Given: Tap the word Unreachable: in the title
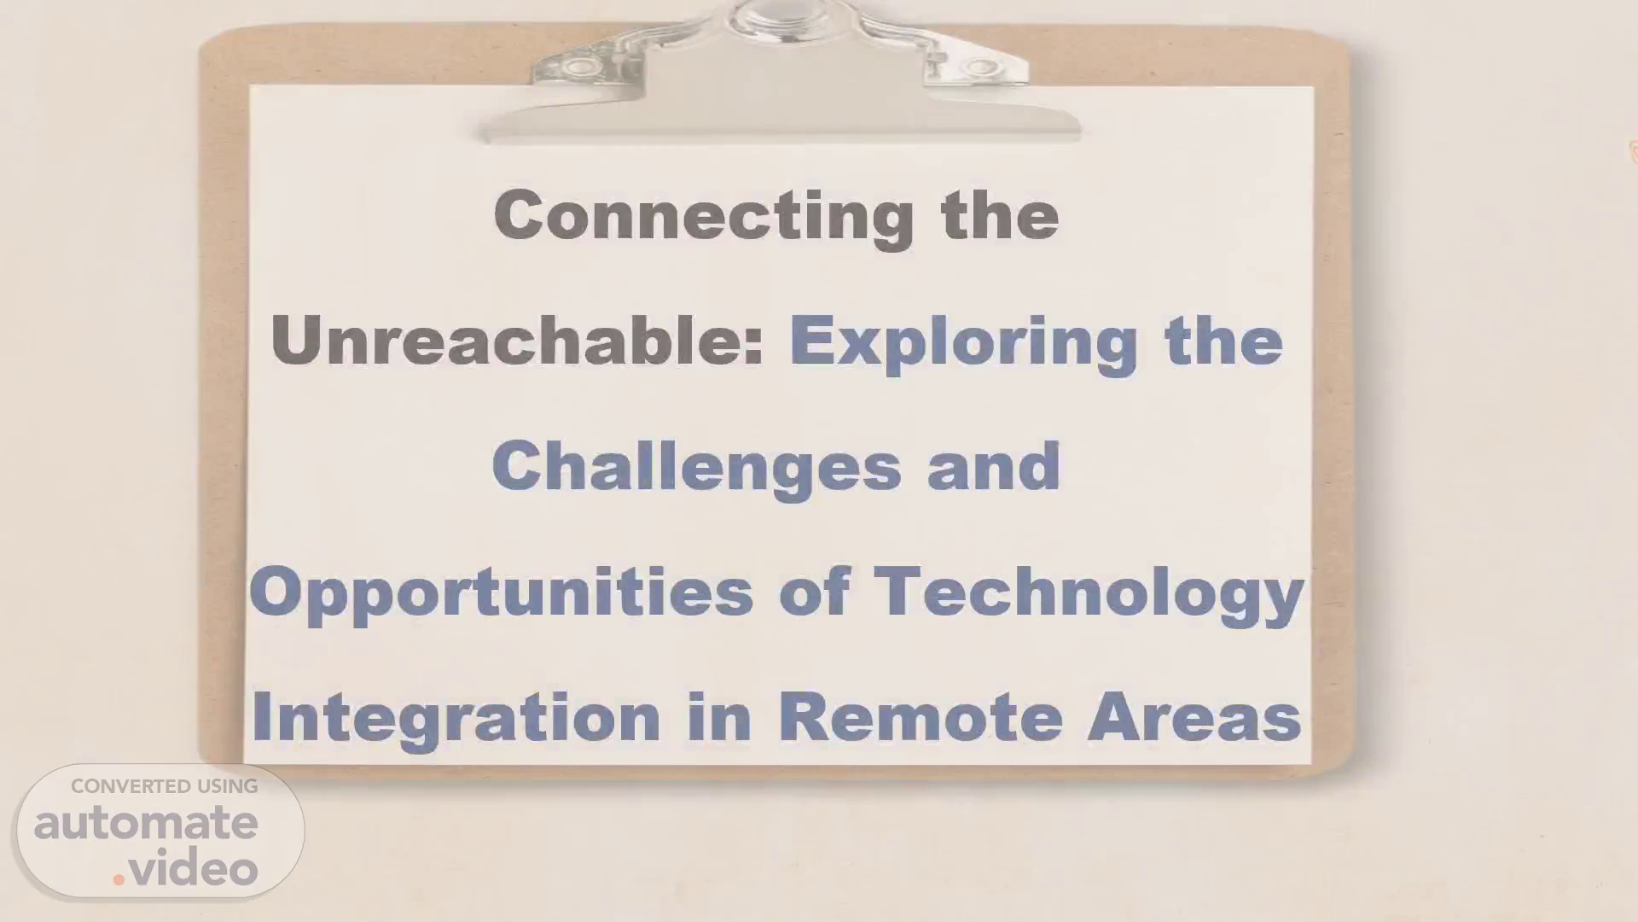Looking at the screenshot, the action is tap(517, 341).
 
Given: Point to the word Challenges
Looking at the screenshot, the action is tap(696, 468).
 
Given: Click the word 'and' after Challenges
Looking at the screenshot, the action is tap(994, 466).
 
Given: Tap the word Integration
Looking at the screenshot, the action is tap(456, 719).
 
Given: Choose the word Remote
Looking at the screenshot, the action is tap(921, 717).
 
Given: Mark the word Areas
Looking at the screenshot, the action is tap(1194, 717).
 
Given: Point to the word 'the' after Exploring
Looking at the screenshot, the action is tap(1223, 341).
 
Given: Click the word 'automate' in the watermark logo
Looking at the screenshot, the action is tap(146, 823).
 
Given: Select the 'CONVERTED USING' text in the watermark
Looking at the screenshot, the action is tap(165, 786).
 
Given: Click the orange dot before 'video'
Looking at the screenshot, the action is tap(119, 878).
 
